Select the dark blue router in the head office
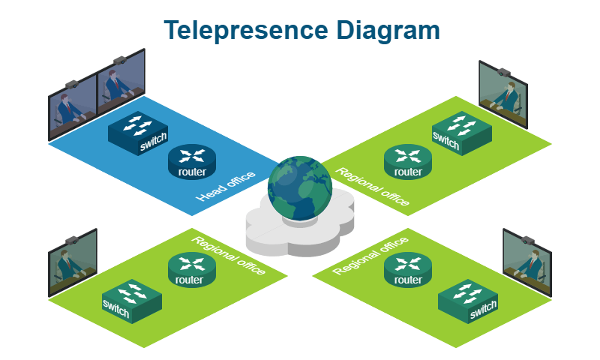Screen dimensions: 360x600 191,162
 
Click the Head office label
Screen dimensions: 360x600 225,186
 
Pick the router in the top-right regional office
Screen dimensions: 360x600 408,162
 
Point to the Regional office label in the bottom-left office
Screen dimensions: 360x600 229,255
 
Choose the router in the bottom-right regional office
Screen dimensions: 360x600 408,270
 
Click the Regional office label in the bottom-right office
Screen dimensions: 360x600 370,255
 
